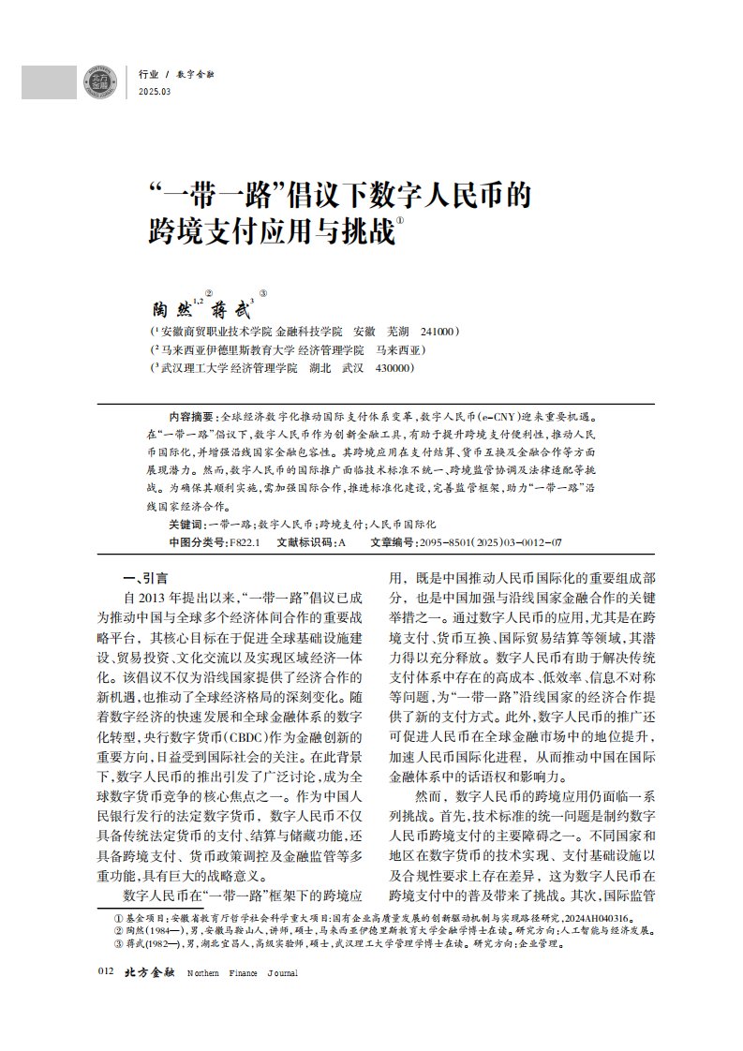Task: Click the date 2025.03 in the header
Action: tap(155, 91)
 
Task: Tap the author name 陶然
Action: tap(171, 307)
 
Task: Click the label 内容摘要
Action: tap(191, 414)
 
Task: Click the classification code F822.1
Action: tap(246, 542)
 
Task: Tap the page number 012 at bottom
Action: tap(105, 972)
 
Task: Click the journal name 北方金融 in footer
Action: tap(150, 972)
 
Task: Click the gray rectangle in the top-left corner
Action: tap(49, 81)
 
